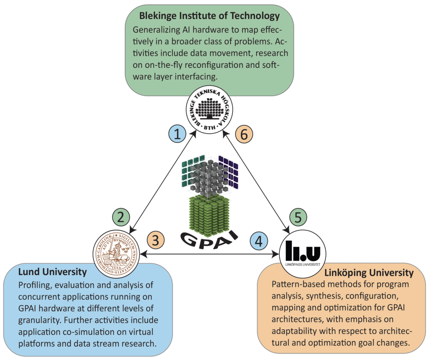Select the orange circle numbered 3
coord(156,240)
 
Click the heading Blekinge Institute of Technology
coord(209,16)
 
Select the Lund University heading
coord(52,272)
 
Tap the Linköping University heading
coord(369,273)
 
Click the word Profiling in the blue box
coord(34,285)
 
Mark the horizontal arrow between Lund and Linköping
coord(210,254)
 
